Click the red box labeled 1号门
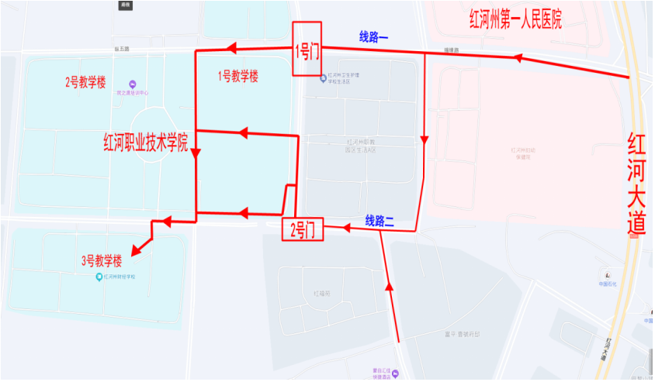click(x=307, y=50)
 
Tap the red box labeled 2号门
click(x=301, y=229)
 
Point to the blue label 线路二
click(x=380, y=221)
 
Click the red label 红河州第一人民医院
click(x=515, y=19)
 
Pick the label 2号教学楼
click(x=85, y=82)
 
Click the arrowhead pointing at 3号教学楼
click(x=136, y=250)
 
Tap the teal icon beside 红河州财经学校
click(x=99, y=277)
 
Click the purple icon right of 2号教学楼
click(x=132, y=84)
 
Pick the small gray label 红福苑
click(x=321, y=294)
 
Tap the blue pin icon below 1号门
click(x=324, y=77)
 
